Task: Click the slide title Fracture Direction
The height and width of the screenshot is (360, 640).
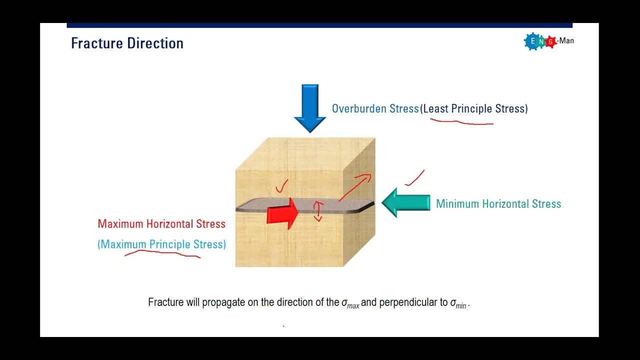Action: point(127,43)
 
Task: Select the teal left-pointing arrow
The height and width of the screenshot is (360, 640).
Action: point(405,202)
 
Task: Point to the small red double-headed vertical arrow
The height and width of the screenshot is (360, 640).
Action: point(318,211)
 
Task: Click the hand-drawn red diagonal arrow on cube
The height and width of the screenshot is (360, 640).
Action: point(355,187)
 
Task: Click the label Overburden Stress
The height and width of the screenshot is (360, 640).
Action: point(375,109)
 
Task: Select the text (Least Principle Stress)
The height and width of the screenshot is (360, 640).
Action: point(474,109)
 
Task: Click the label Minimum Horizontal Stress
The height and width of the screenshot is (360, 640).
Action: point(498,204)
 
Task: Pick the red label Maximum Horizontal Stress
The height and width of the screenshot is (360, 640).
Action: point(161,224)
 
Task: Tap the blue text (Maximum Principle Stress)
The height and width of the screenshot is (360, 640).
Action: point(161,244)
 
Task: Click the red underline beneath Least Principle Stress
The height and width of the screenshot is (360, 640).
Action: point(461,121)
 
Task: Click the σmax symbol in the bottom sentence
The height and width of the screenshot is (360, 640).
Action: point(350,303)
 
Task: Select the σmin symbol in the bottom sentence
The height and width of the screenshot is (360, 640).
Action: point(458,303)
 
